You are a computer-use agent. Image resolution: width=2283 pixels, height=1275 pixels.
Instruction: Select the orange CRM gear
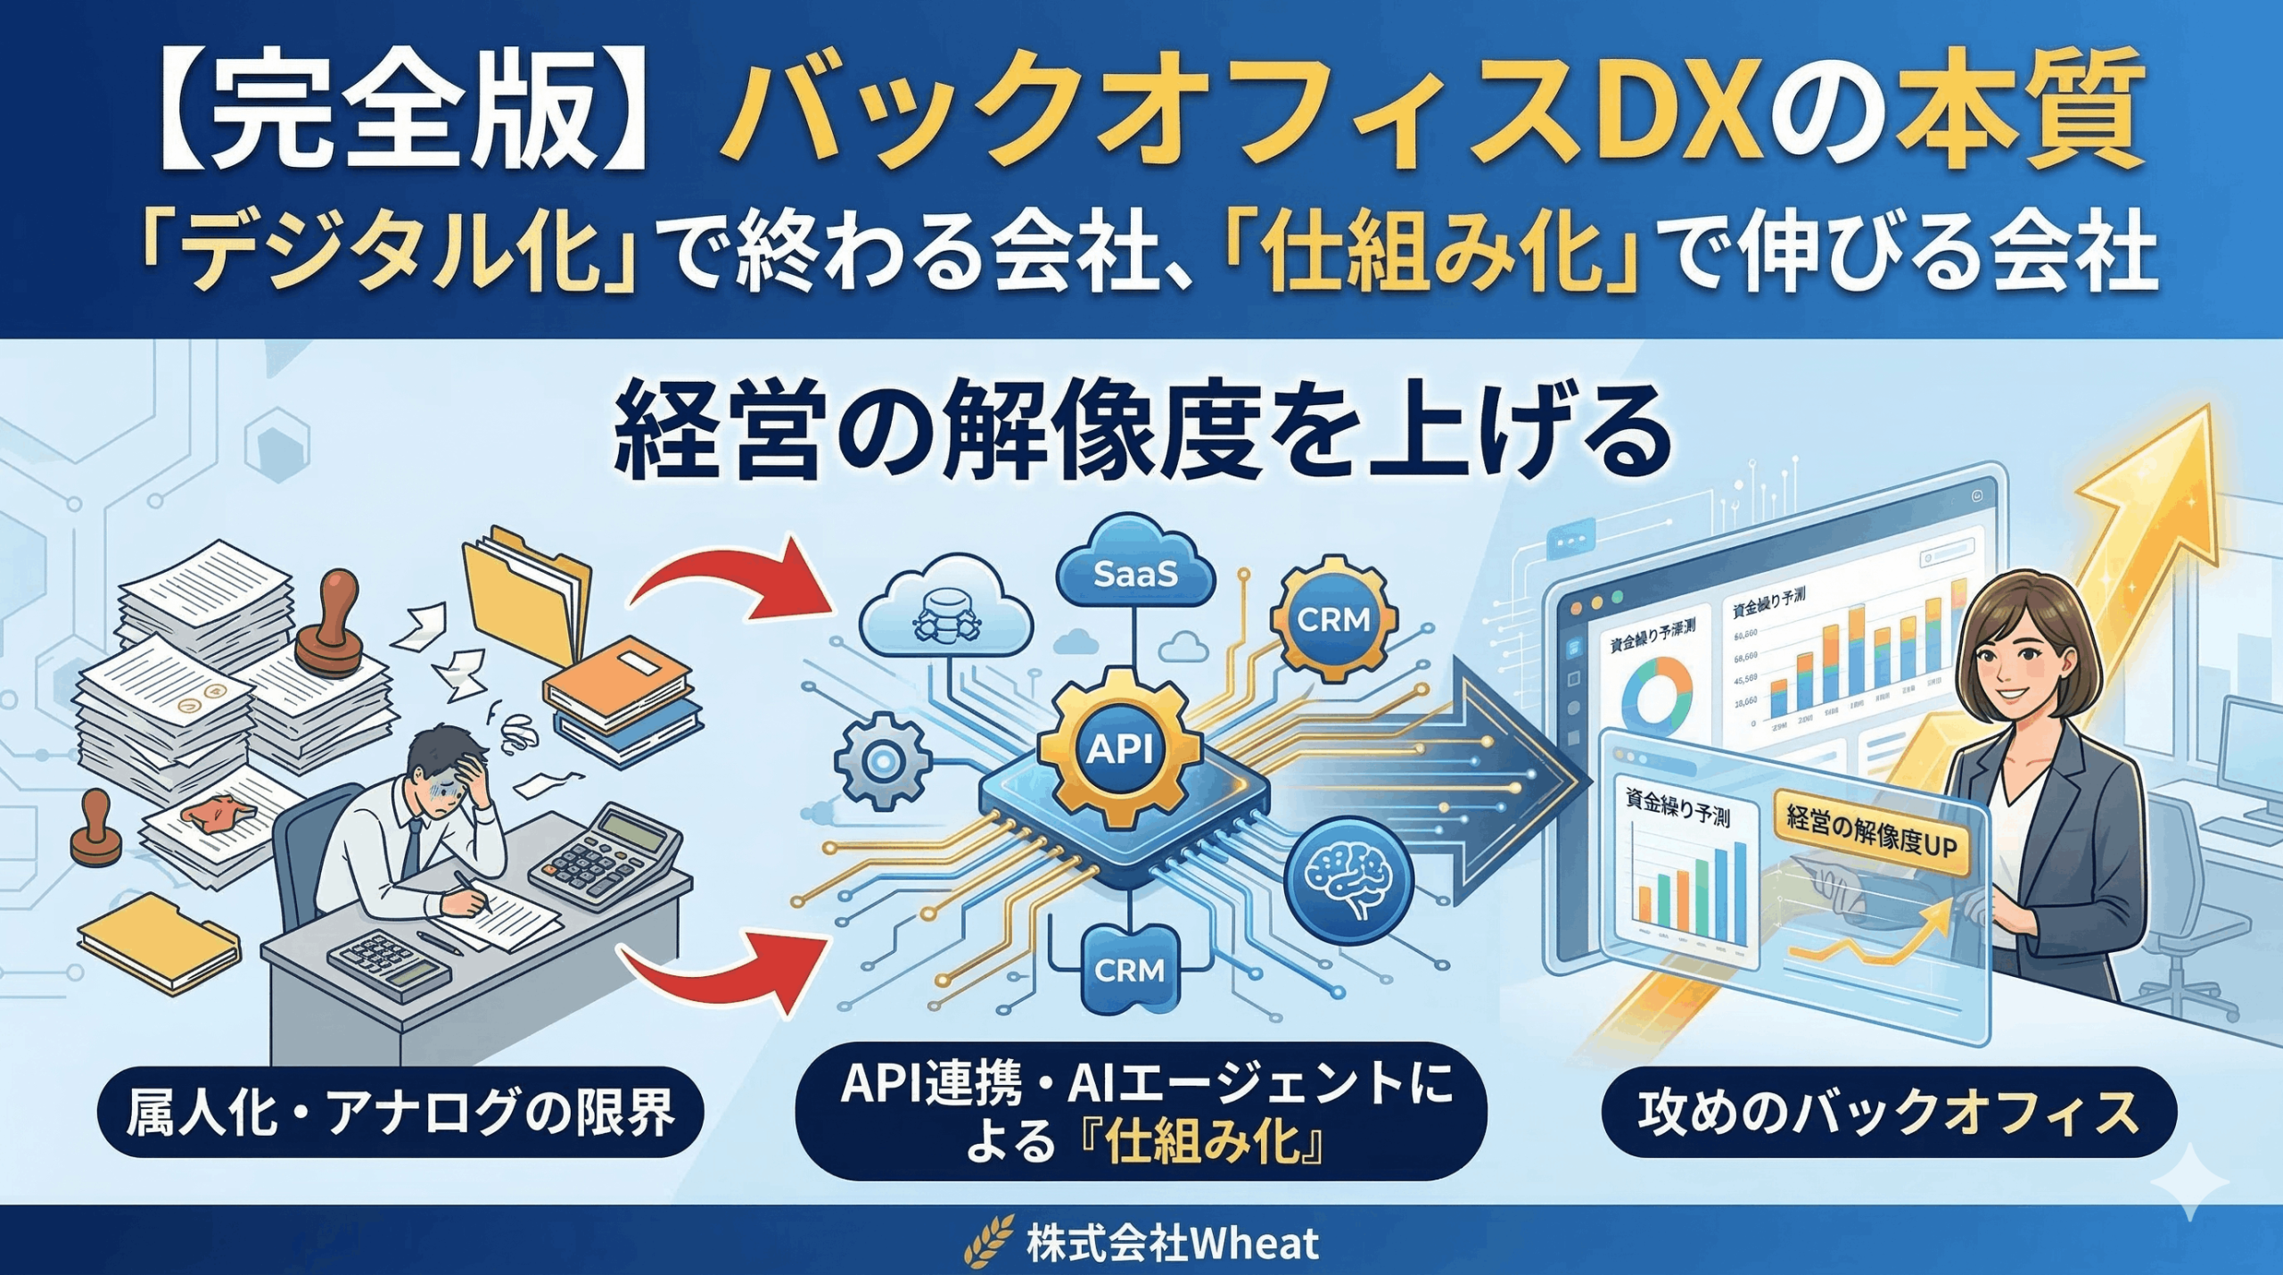pos(1333,618)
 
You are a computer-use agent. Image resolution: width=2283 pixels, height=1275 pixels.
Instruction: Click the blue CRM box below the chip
pos(1128,968)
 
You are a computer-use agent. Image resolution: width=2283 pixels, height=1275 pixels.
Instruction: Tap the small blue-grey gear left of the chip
pos(883,760)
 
